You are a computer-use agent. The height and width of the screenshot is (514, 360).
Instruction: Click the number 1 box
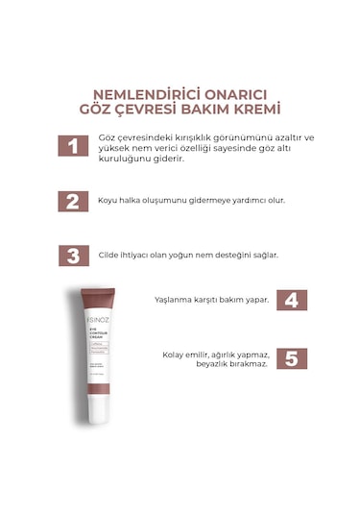pyautogui.click(x=73, y=146)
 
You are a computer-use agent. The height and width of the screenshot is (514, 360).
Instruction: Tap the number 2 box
pyautogui.click(x=73, y=201)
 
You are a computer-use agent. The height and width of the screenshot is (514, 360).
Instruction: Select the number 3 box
pyautogui.click(x=73, y=256)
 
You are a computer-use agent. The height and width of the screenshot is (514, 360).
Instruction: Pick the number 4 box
pyautogui.click(x=291, y=300)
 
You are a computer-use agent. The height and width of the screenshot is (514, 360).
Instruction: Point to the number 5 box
pyautogui.click(x=291, y=358)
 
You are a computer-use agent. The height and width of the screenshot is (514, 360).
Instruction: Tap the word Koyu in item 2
pyautogui.click(x=108, y=201)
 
